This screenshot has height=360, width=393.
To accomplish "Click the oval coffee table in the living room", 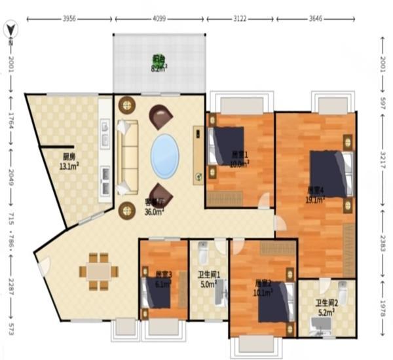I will pos(165,155).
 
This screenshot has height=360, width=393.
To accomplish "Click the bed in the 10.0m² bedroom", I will pos(227,145).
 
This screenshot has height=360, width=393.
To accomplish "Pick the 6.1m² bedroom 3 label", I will pos(163,279).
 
